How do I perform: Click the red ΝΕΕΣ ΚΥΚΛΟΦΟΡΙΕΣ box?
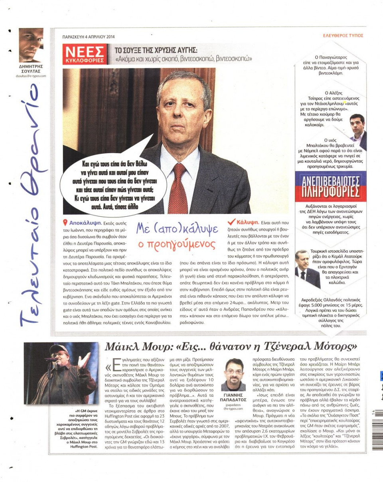coord(85,54)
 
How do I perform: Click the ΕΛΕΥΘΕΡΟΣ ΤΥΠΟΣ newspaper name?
coord(343,36)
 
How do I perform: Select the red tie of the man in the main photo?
coord(178,188)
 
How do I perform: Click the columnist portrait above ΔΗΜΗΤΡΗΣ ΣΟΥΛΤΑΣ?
coord(31,45)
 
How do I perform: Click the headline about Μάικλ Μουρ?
coord(230,345)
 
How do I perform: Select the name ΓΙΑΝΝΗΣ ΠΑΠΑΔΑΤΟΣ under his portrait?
coord(233,397)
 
